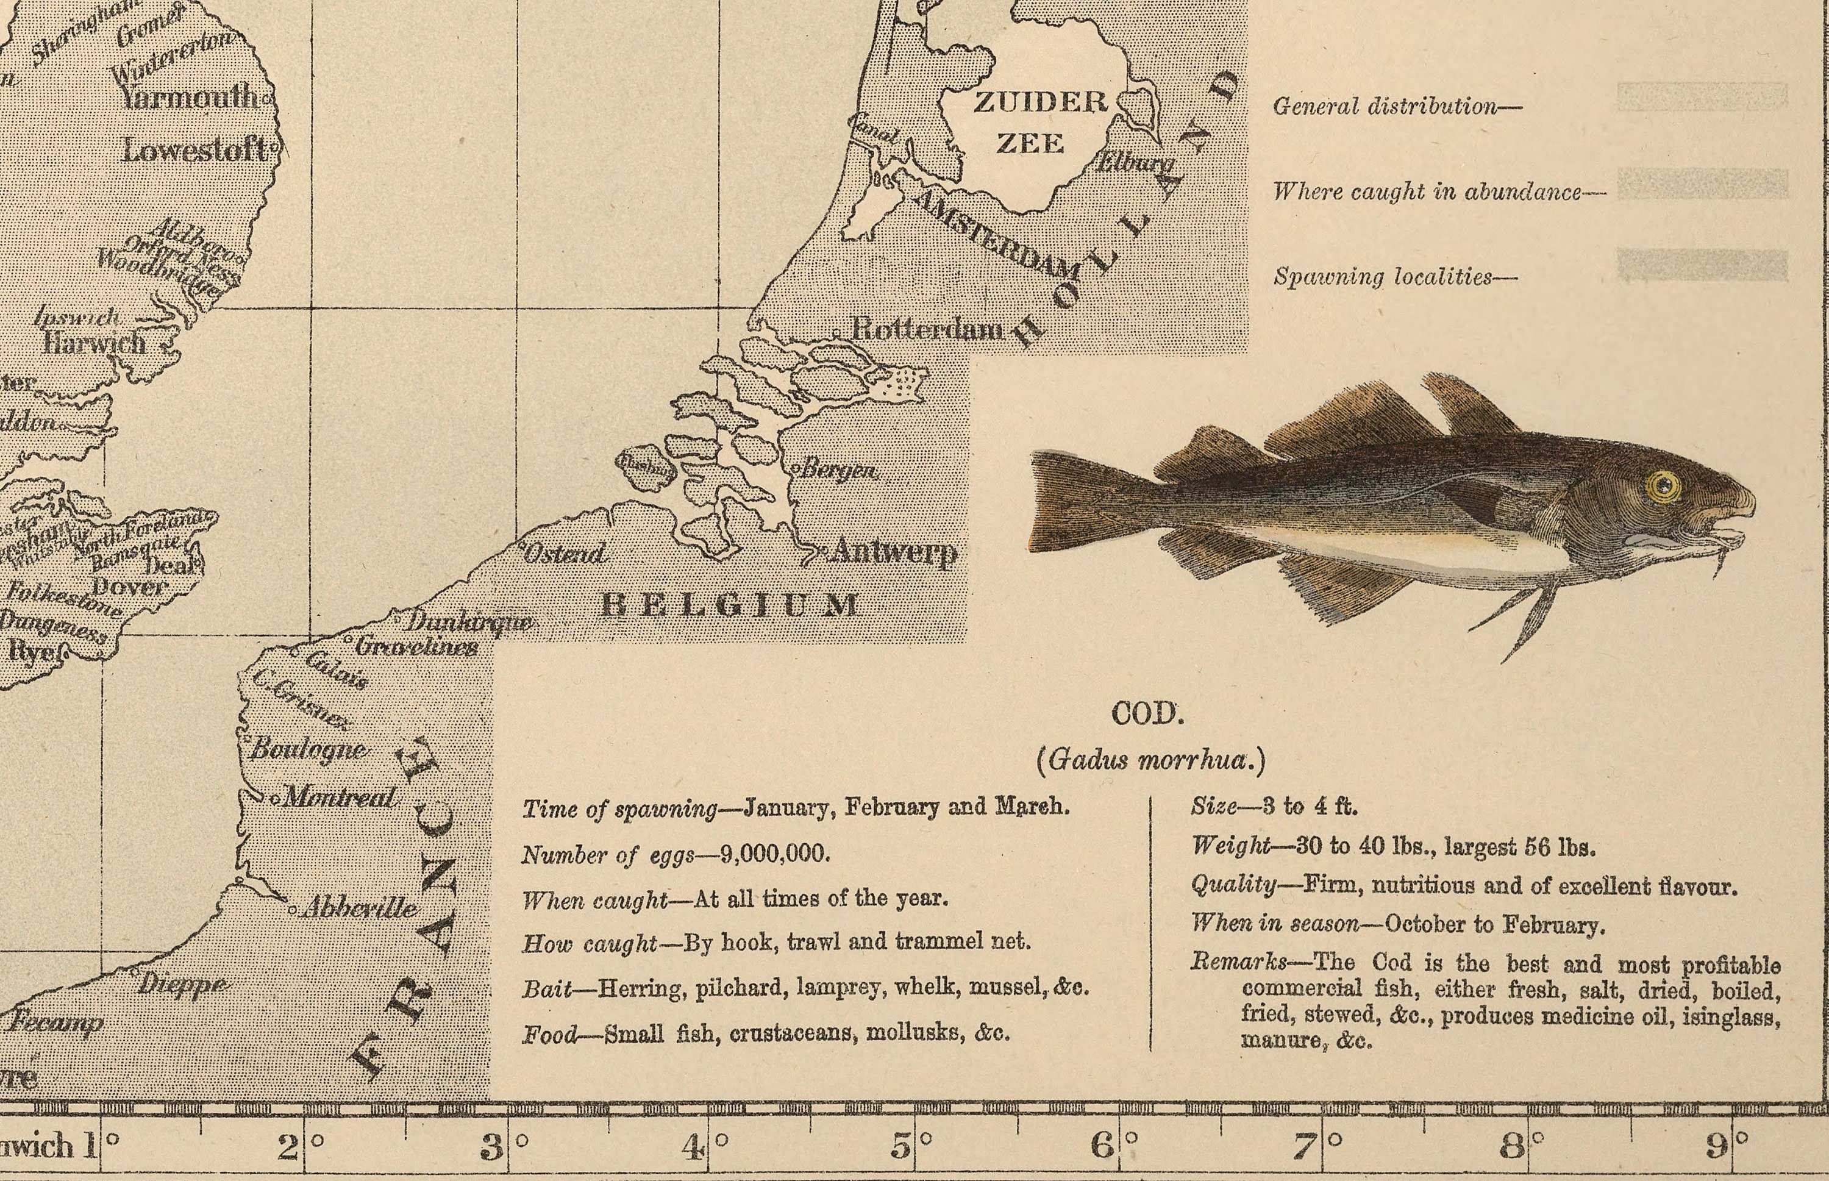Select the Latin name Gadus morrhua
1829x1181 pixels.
click(1150, 759)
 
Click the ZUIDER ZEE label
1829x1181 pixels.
click(1035, 123)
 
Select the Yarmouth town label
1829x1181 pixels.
click(190, 96)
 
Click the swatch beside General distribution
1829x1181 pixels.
click(1702, 98)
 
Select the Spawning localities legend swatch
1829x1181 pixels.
click(1702, 265)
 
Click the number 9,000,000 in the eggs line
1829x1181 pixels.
click(774, 854)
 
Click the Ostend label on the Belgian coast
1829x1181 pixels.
click(566, 554)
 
